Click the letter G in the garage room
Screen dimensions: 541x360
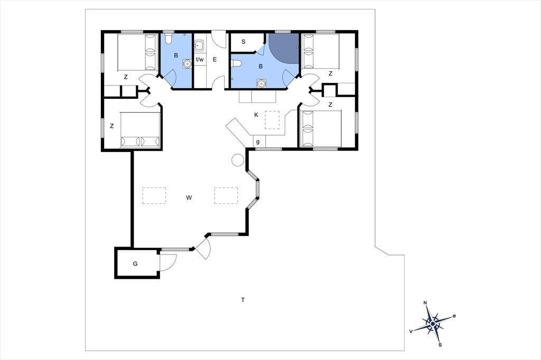pos(135,264)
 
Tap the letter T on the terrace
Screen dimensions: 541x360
pos(243,300)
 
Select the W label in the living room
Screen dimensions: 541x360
pos(189,197)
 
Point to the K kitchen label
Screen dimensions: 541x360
pos(256,115)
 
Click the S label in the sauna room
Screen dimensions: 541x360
pos(243,42)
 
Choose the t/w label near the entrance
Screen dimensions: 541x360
pos(200,59)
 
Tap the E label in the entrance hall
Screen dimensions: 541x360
pos(214,60)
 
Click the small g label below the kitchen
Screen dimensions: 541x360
pos(258,141)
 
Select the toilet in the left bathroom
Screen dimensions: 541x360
pos(169,38)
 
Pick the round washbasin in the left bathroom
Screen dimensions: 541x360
pos(187,64)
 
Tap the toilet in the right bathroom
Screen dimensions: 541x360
pos(236,64)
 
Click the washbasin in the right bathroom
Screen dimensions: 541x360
pos(261,83)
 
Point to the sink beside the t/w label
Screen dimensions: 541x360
pos(199,45)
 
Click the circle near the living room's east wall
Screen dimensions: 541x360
pos(238,159)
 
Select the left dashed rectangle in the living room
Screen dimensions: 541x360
pos(154,195)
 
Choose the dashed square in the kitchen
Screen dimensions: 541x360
pos(272,120)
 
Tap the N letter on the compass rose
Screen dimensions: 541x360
pos(425,303)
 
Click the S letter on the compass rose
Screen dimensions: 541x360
pos(440,345)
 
